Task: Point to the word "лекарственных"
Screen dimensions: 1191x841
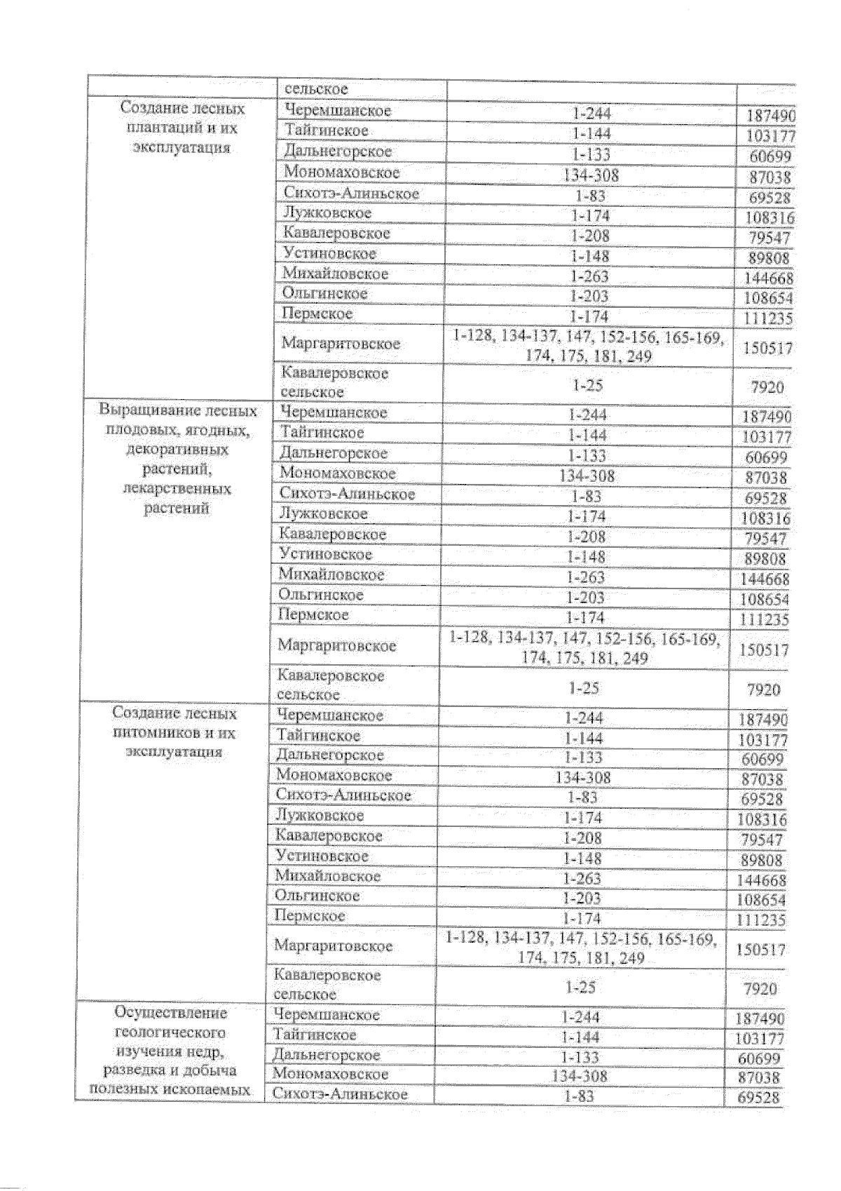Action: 177,488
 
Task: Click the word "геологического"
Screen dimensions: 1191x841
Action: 170,1032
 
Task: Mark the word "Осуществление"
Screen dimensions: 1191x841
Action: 171,1013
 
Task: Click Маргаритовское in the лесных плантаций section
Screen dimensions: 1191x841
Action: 341,344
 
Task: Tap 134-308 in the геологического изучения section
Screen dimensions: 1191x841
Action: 580,1076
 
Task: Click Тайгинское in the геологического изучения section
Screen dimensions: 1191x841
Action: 315,1035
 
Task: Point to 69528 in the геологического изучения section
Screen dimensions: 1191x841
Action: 759,1098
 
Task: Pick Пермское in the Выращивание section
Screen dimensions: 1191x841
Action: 313,615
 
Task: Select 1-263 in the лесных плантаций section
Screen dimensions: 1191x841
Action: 589,276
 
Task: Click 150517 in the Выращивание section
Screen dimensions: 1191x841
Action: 764,650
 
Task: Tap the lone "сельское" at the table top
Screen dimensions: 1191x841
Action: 315,90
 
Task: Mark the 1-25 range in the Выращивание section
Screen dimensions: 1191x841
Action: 582,688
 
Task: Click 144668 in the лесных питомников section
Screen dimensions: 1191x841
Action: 762,880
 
